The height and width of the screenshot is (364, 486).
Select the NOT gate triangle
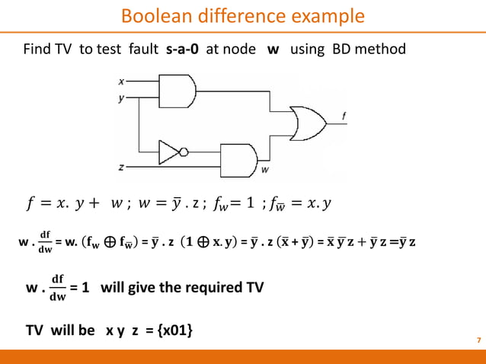pyautogui.click(x=168, y=152)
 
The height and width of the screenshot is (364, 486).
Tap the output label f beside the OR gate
pyautogui.click(x=344, y=116)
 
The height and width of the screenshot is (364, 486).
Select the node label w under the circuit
pyautogui.click(x=264, y=170)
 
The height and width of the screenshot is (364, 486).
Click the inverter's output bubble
pyautogui.click(x=183, y=152)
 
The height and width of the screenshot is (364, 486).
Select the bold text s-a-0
pyautogui.click(x=186, y=50)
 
